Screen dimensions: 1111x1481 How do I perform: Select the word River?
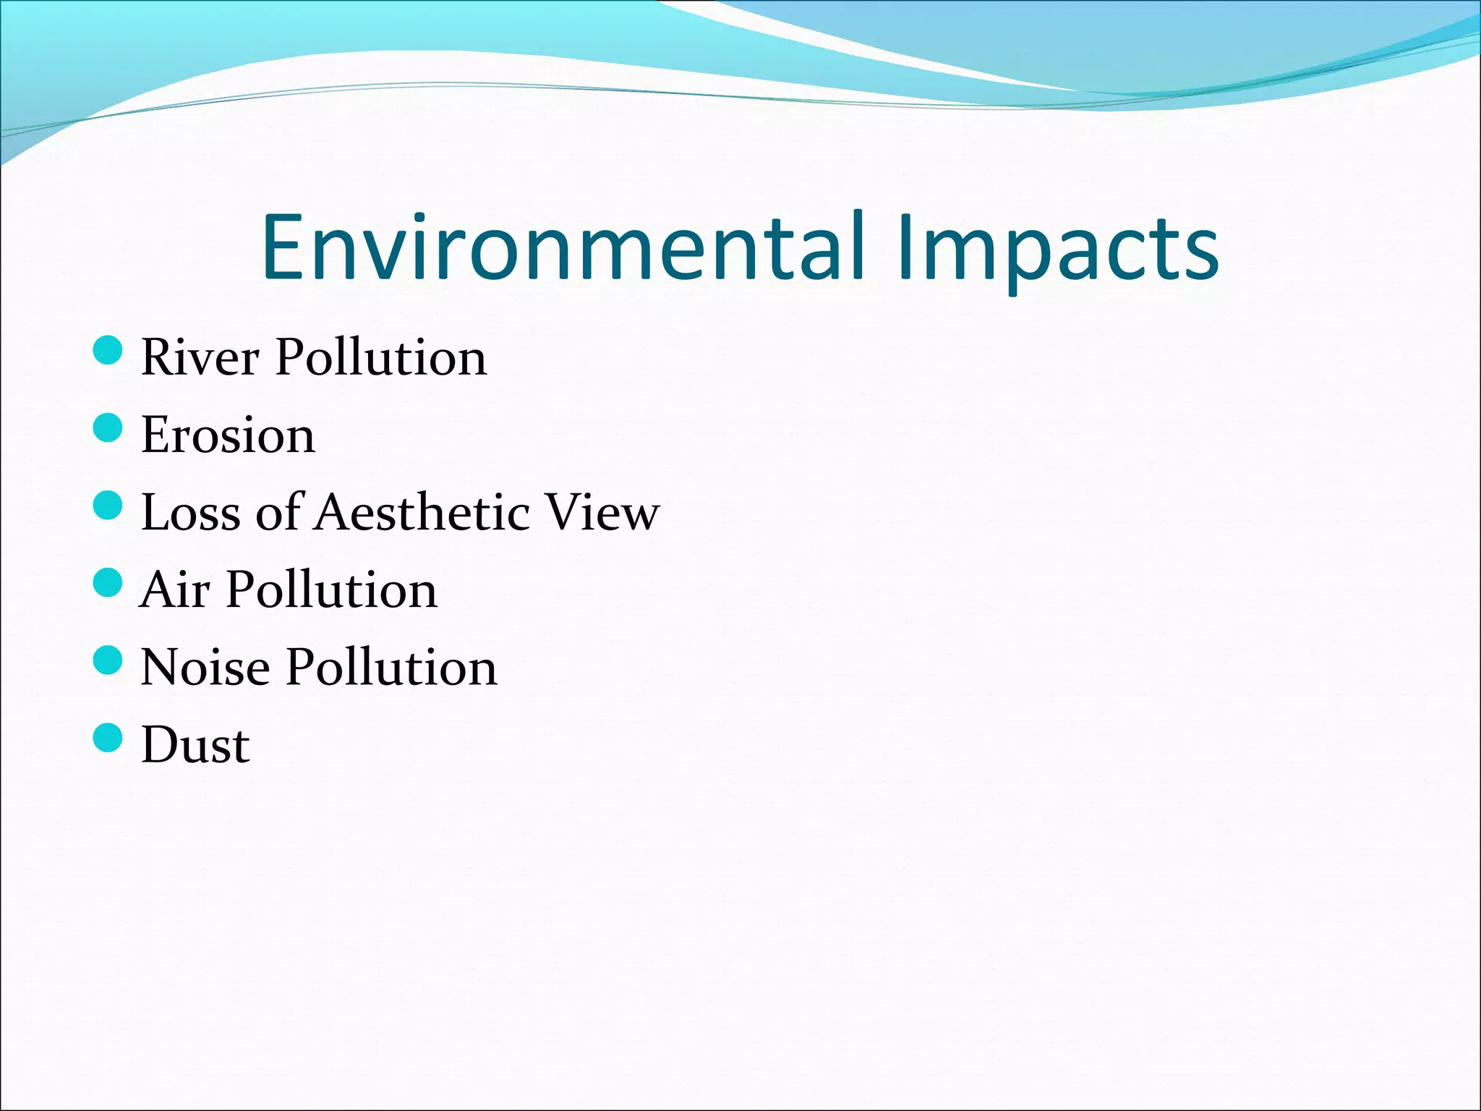click(200, 357)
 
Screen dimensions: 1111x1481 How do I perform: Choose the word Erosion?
click(228, 435)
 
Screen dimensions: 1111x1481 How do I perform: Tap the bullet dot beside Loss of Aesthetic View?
click(108, 506)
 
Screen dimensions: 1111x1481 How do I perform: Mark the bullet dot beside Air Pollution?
click(108, 583)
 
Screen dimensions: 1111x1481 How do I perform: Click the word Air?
click(175, 590)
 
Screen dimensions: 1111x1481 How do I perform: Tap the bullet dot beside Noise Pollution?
click(108, 660)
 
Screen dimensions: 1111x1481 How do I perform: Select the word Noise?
click(205, 668)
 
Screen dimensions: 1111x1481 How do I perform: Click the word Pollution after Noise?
click(392, 668)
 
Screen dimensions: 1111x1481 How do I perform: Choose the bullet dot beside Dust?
click(108, 738)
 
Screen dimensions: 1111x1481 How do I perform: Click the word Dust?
click(195, 745)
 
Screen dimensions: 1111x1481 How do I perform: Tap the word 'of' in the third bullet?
click(278, 513)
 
